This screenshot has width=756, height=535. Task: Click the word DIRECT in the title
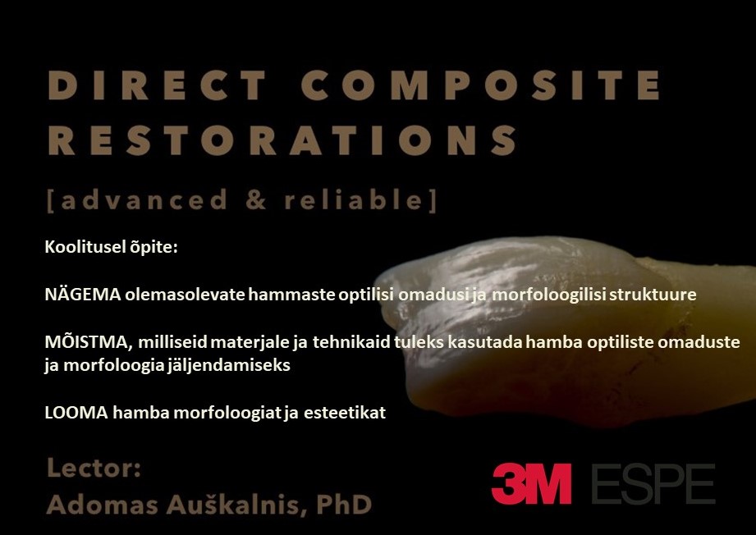point(158,85)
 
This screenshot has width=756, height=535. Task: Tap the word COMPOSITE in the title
point(482,85)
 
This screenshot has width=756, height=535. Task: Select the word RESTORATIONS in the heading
point(283,140)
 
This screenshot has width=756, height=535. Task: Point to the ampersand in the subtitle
point(256,199)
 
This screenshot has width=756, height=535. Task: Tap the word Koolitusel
point(85,247)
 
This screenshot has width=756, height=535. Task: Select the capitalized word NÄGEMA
point(82,294)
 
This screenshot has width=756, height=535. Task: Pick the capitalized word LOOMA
point(76,413)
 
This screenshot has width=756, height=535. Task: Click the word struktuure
point(653,294)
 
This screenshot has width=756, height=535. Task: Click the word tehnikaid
point(351,341)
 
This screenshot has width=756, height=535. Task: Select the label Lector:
point(94,468)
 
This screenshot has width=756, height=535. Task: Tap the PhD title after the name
point(344,505)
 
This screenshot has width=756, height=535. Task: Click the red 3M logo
point(532,483)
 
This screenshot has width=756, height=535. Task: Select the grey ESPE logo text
point(653,484)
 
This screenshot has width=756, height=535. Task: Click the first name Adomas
point(103,505)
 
